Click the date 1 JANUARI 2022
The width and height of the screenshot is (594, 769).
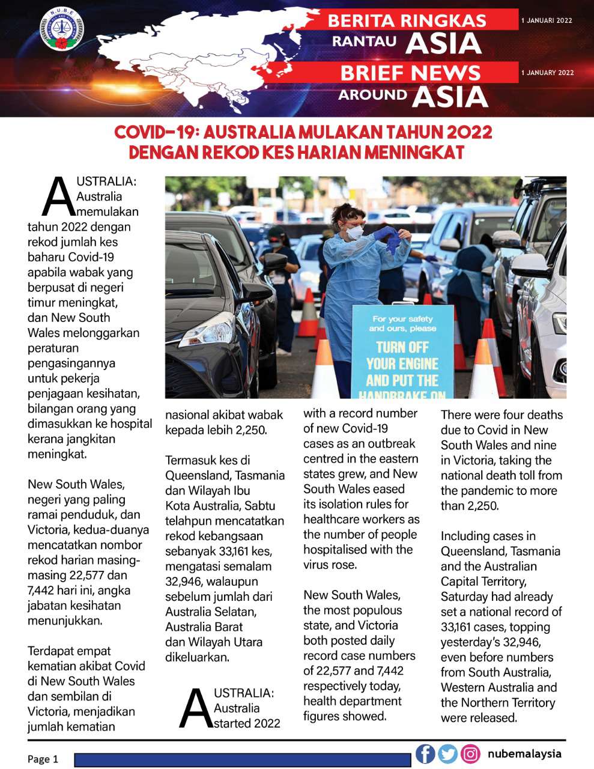[547, 20]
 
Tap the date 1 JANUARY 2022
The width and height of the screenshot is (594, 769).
[547, 73]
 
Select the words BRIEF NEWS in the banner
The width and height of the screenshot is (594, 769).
[410, 73]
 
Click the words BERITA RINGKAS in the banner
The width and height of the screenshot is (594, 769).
[407, 20]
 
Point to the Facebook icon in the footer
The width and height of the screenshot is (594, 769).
[425, 753]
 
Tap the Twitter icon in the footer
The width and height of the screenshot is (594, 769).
[447, 753]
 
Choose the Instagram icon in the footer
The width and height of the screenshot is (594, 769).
[470, 753]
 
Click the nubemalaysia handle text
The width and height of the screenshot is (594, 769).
[524, 753]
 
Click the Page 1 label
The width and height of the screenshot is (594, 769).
[43, 759]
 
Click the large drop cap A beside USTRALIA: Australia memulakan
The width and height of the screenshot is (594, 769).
[59, 196]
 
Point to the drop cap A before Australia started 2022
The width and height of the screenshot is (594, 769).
[196, 708]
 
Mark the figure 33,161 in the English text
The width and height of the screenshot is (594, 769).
[461, 627]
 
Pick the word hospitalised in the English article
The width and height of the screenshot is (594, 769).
[336, 550]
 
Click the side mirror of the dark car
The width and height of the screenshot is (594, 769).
[275, 262]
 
